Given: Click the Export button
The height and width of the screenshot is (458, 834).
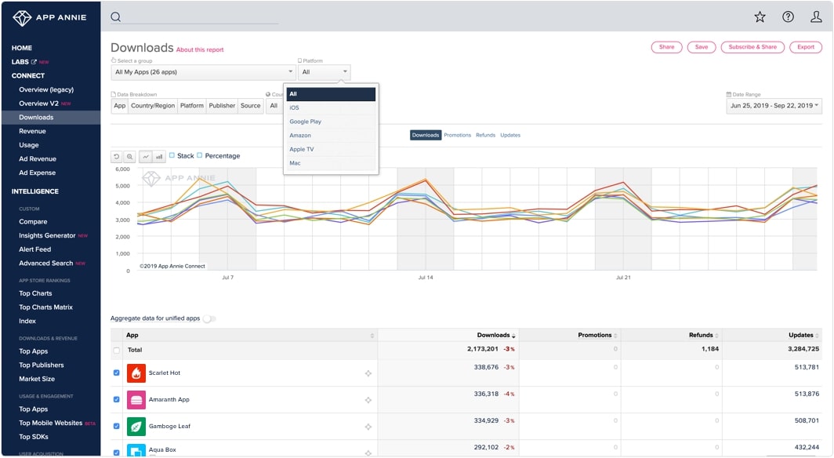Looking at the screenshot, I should point(806,47).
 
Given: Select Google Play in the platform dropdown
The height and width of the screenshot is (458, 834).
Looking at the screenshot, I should point(306,122).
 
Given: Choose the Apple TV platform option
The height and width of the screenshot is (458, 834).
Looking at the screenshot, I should point(302,149).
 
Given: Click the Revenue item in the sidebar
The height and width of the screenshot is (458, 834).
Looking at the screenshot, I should point(32,131).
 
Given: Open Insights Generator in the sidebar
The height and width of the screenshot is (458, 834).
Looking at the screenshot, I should point(47,235).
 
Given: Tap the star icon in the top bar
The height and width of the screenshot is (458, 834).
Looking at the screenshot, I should point(760,17).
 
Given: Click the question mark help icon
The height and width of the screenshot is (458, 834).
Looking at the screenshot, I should point(788,17).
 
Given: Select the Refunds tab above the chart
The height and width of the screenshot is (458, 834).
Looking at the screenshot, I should point(485,135).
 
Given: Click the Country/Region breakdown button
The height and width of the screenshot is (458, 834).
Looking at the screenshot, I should point(153,106).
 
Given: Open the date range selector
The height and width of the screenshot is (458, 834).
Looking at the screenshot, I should point(774,105).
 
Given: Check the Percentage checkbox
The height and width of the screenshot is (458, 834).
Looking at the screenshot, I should point(200,155).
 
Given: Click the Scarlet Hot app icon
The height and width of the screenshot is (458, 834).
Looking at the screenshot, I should point(136,373).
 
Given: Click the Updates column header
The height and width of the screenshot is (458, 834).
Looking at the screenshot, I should point(800,335).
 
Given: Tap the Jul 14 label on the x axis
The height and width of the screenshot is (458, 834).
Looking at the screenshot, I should point(426,278).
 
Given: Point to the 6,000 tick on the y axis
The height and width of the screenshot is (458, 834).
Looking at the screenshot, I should point(121,169).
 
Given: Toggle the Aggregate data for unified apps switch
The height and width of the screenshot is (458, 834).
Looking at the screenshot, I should point(209,318).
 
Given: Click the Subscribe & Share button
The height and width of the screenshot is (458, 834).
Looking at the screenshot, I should point(752,47).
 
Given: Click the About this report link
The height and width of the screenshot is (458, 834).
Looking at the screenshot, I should point(200,49).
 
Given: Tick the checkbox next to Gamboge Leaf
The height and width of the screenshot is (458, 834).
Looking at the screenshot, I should point(117,426).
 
